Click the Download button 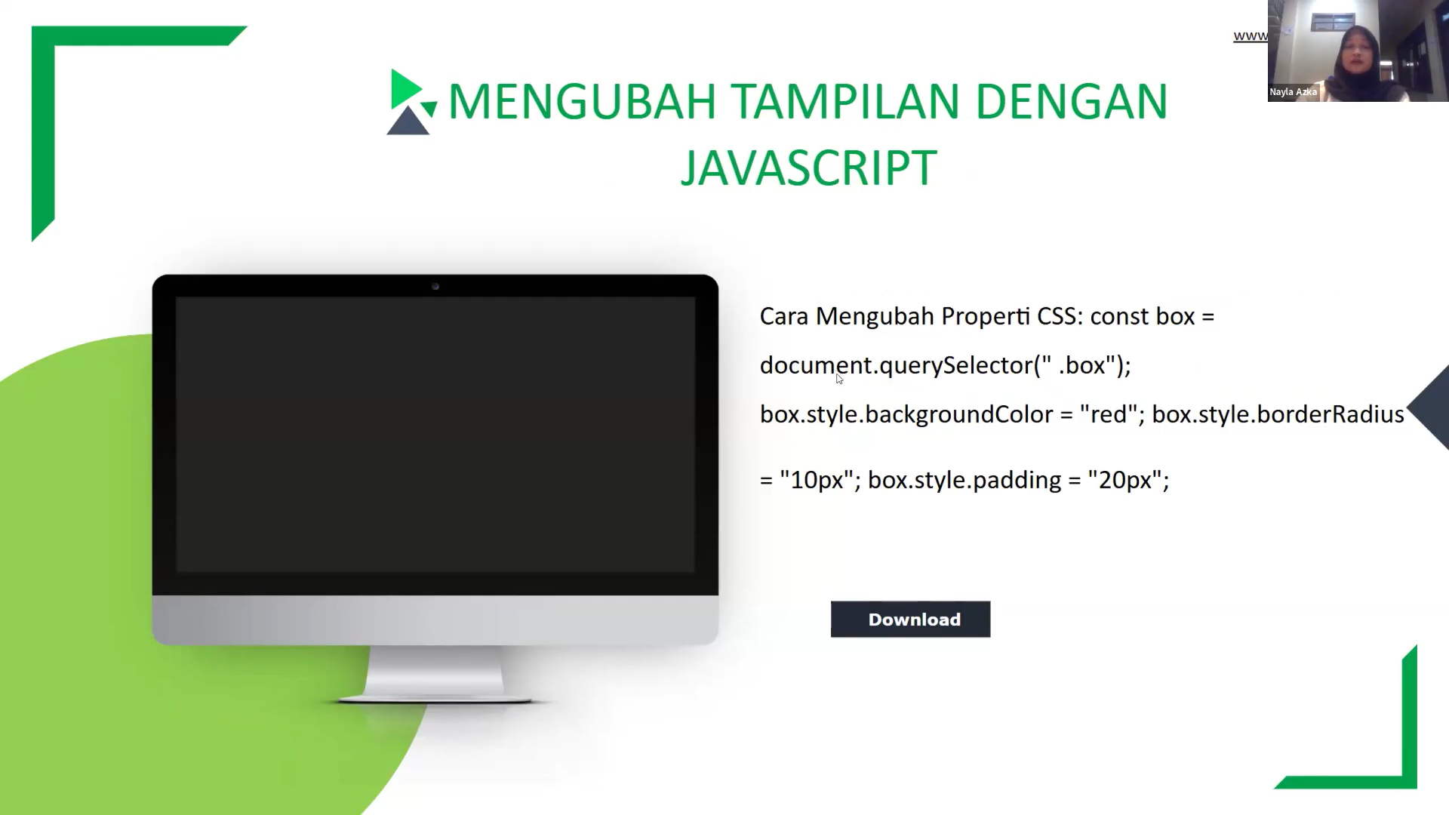pos(910,620)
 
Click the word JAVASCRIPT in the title pos(808,168)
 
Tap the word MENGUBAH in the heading pos(582,102)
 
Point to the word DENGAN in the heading pos(1072,102)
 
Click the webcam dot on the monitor pos(435,287)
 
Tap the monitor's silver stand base pos(435,700)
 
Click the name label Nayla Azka pos(1293,92)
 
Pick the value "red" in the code pos(1109,415)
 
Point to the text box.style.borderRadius pos(1278,415)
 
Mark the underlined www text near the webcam pos(1250,36)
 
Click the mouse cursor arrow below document pos(839,379)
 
